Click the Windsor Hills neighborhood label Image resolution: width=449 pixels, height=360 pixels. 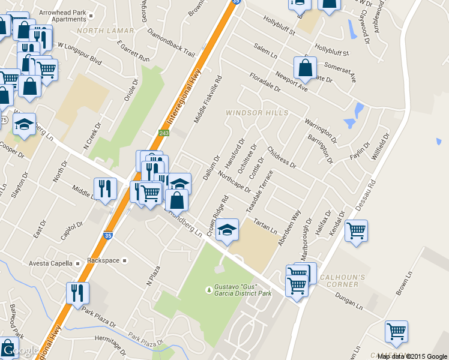pos(257,113)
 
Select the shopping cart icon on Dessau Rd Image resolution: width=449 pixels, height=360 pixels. pos(357,231)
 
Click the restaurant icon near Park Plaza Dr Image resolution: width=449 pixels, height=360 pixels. pos(78,293)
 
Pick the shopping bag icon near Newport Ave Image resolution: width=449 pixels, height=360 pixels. pos(305,68)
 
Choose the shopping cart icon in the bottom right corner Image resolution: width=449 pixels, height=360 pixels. pos(396,331)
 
